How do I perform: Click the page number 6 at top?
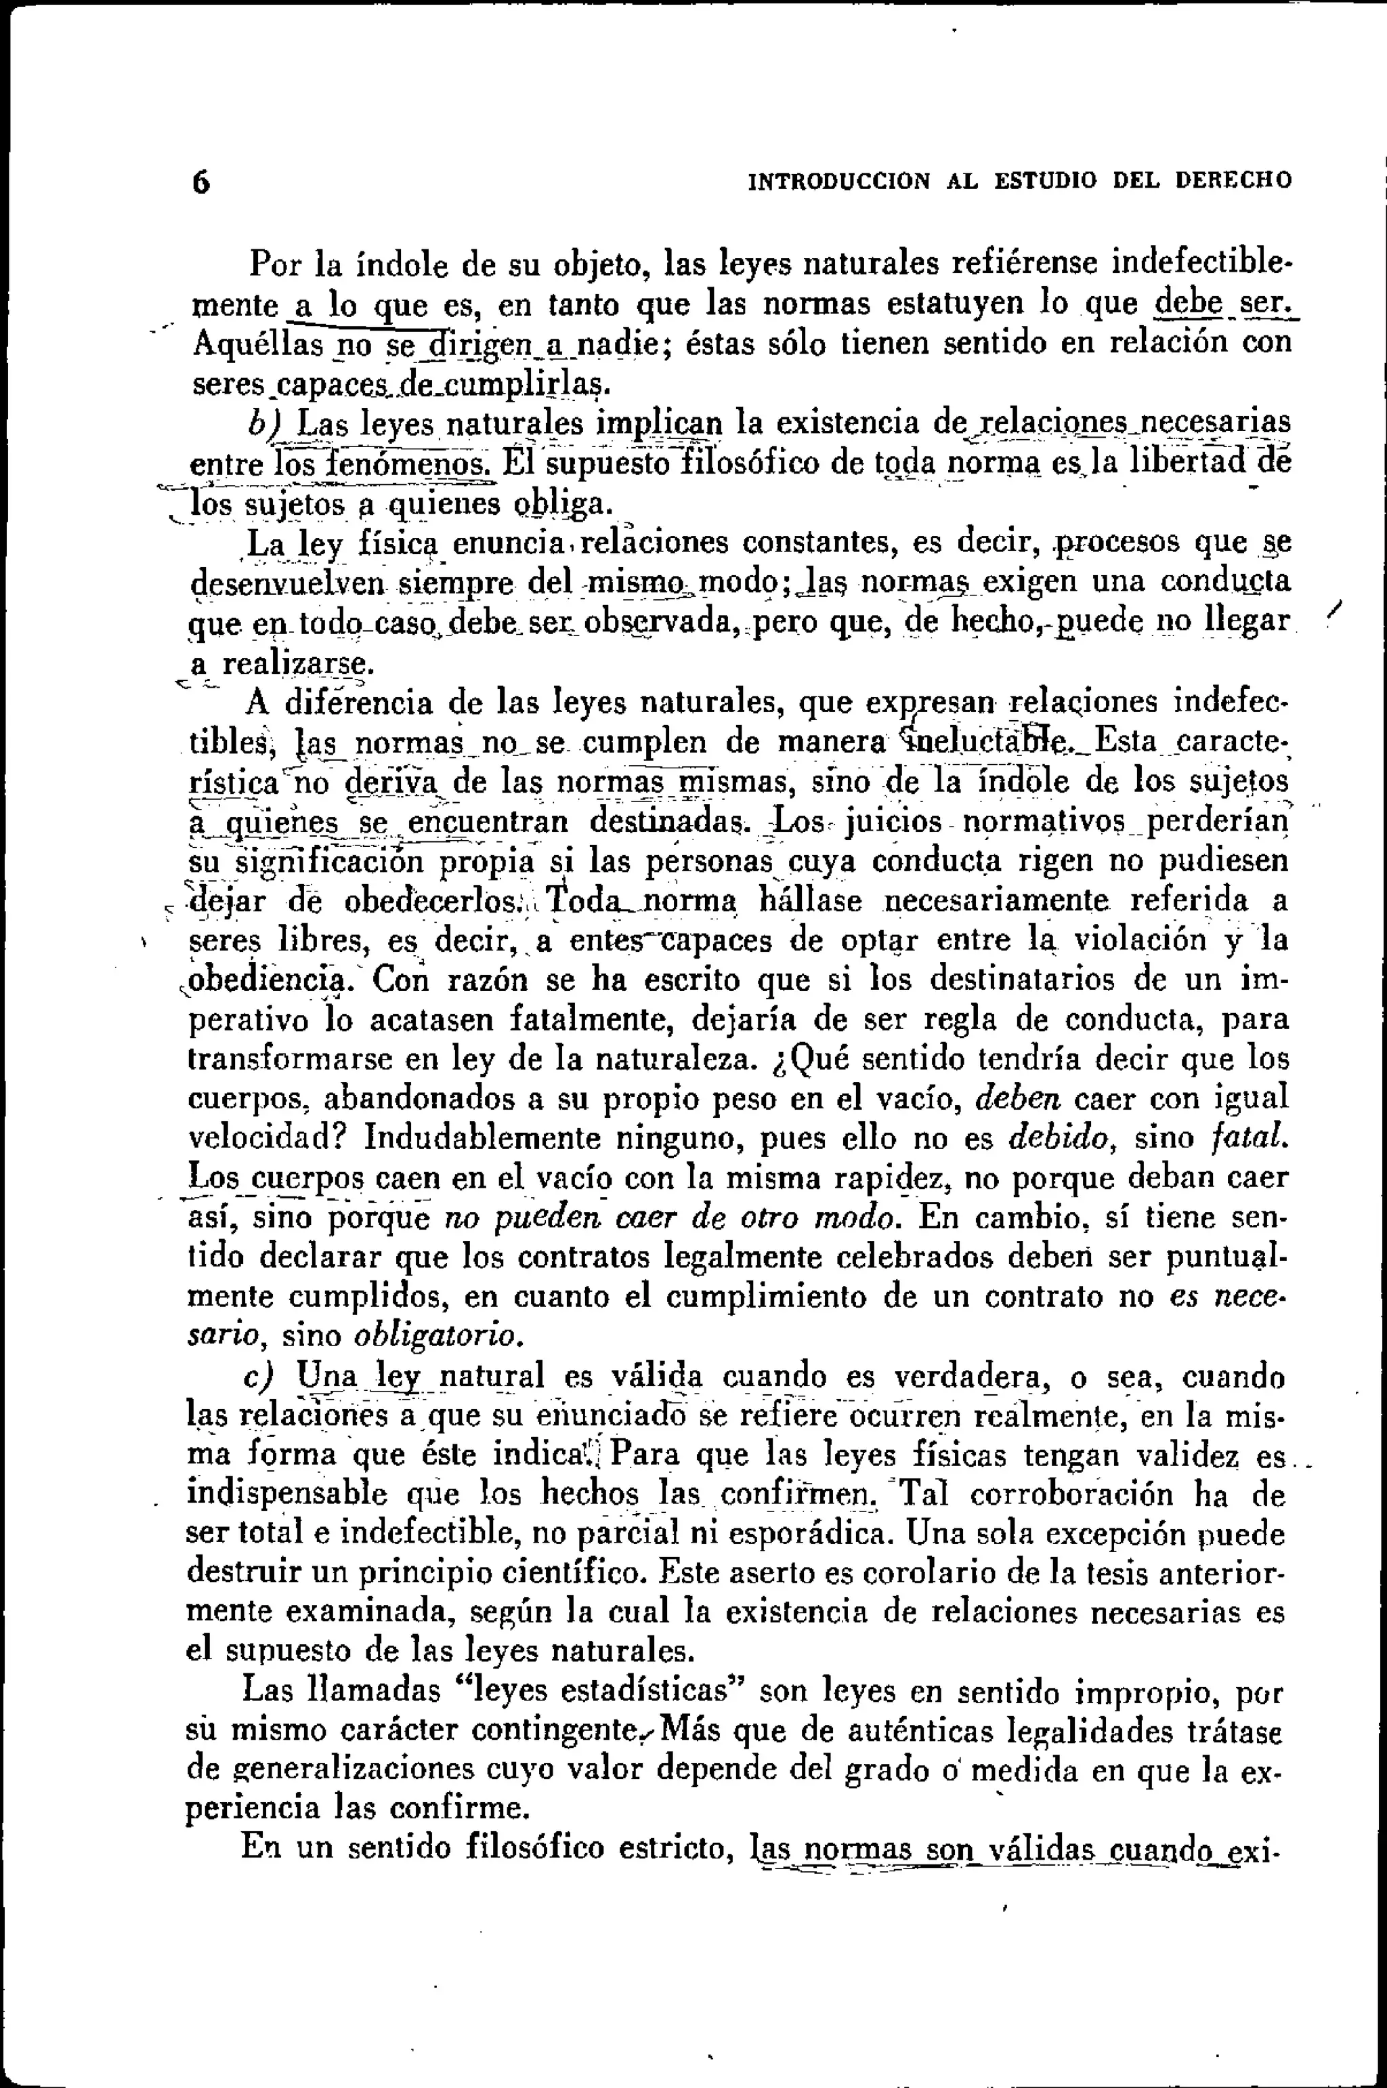202,182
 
